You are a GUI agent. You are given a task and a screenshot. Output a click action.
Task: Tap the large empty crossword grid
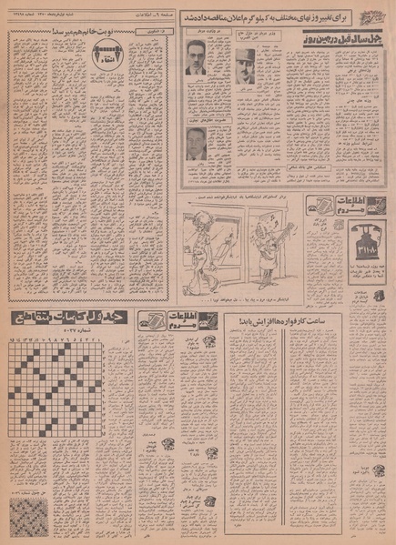click(x=68, y=414)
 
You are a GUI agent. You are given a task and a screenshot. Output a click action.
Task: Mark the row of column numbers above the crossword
click(x=68, y=340)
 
